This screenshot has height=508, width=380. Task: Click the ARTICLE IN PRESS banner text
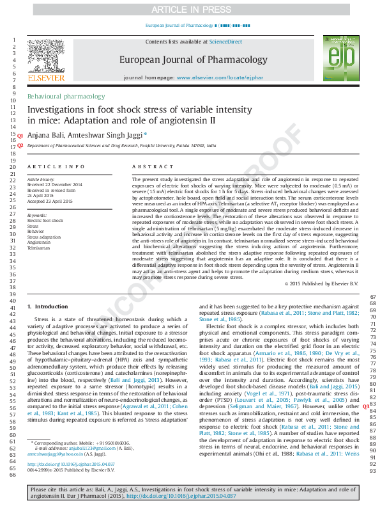[190, 10]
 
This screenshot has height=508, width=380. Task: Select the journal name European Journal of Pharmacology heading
[194, 60]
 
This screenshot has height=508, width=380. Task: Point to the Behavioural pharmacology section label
[66, 96]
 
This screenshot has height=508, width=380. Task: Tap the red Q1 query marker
[20, 136]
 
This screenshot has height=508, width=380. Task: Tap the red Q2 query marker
[20, 145]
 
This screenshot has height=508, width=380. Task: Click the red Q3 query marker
[366, 405]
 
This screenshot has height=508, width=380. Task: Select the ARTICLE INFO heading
[56, 166]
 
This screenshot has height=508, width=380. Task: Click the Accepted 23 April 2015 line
[50, 202]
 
